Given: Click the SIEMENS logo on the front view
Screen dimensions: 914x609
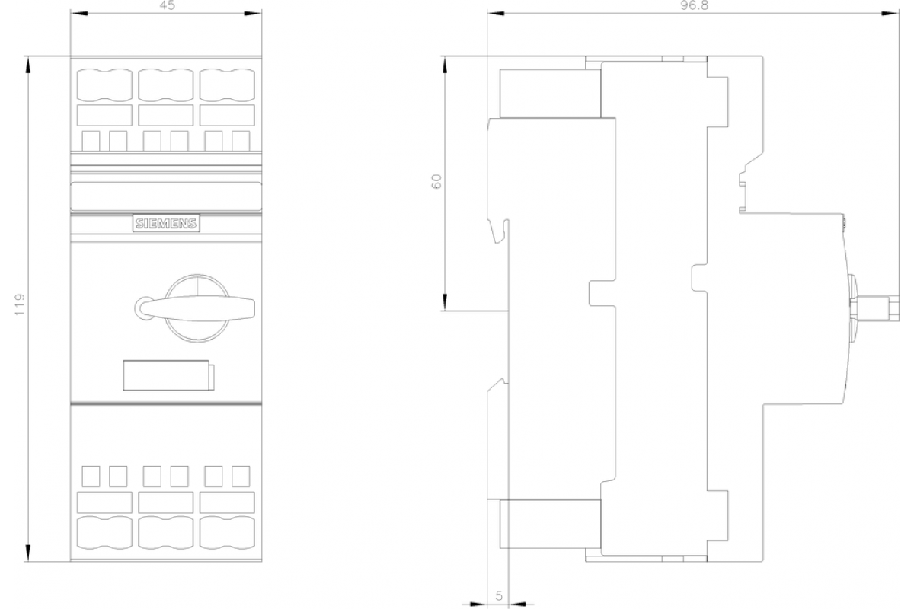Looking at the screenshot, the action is click(166, 223).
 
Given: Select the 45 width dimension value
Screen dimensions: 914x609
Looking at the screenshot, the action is click(167, 5).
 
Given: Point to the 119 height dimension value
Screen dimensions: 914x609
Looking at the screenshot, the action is click(20, 304).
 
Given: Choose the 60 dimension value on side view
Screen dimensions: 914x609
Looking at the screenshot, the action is click(436, 181).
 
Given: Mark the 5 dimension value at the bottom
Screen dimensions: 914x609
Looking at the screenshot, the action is click(499, 596).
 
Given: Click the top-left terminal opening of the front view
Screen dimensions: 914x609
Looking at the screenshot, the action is click(104, 84).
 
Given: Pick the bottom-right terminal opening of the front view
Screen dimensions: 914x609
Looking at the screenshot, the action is click(227, 533).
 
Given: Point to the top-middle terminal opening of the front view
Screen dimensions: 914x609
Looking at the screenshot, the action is click(166, 84).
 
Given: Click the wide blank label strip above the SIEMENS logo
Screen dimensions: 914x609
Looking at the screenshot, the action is click(166, 196).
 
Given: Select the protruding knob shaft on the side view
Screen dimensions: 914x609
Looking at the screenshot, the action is click(877, 308).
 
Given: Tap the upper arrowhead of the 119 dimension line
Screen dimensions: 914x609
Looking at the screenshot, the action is click(27, 65).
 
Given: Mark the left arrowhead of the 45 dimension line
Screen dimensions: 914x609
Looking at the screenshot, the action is click(79, 14).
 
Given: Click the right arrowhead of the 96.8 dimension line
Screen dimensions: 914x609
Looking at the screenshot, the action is click(890, 14).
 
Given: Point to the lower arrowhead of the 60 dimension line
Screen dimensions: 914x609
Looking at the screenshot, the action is click(444, 302).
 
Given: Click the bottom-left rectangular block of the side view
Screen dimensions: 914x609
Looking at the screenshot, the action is click(550, 524).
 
